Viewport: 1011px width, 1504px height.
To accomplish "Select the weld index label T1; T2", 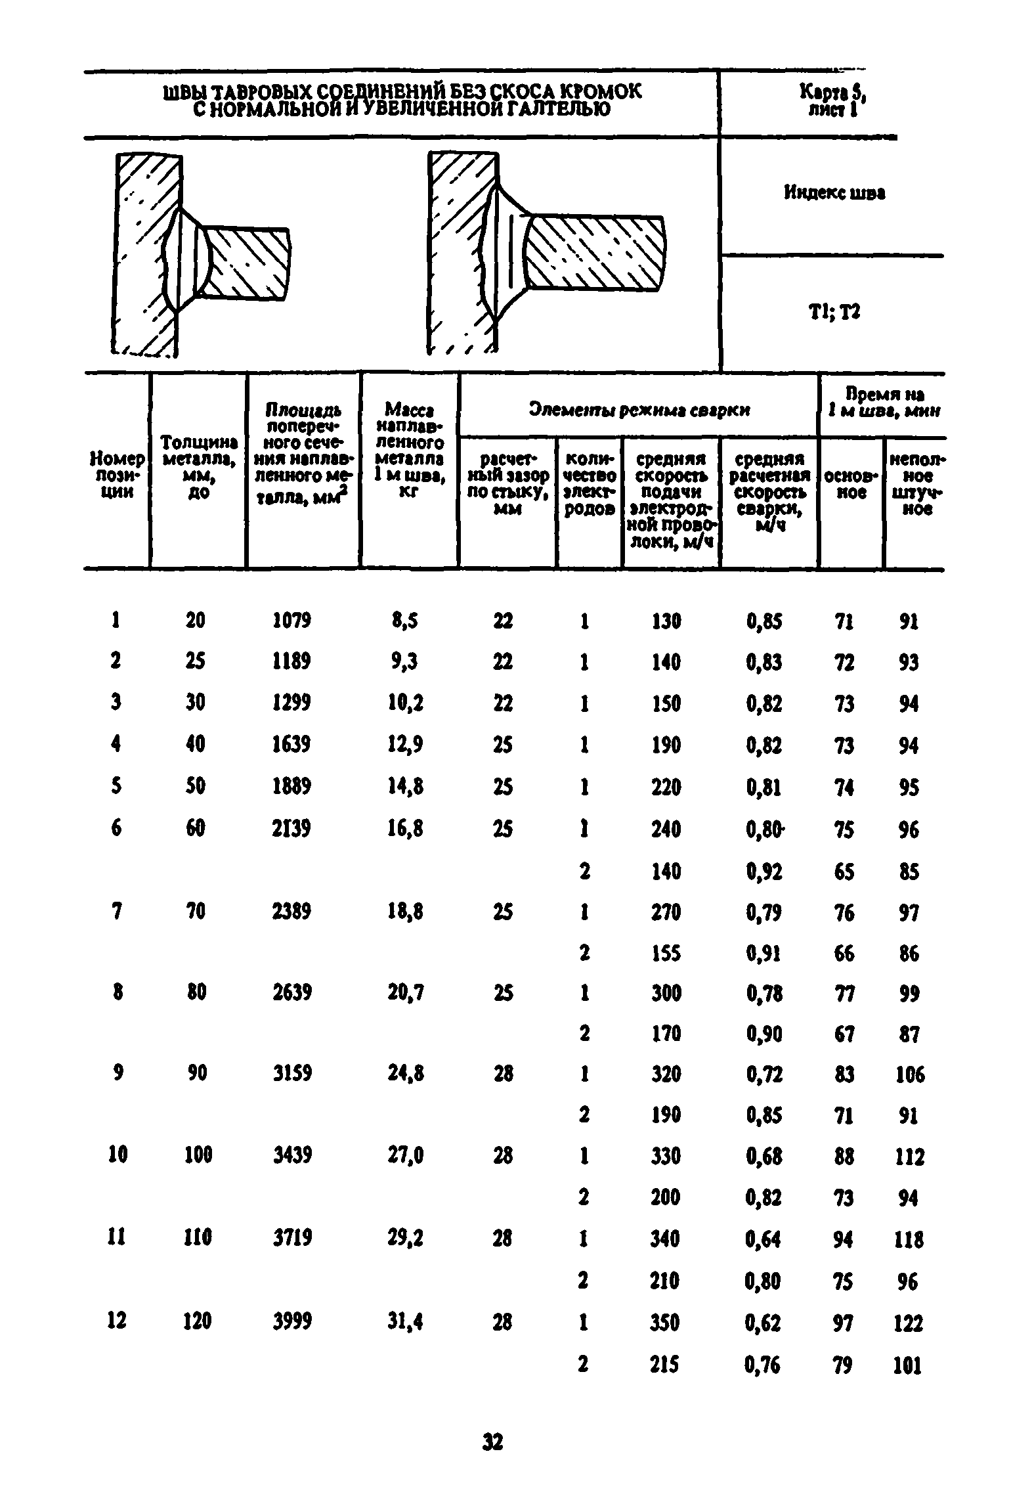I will pos(834,313).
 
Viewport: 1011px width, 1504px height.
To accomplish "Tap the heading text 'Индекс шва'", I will pos(834,193).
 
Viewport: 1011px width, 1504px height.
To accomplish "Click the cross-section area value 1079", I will pos(291,620).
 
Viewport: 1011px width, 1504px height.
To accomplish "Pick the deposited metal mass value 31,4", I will pos(405,1321).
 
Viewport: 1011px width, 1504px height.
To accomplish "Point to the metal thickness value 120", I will pos(196,1321).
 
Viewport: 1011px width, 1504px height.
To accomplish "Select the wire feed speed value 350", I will pos(666,1321).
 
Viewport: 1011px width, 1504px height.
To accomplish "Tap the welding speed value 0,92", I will pos(764,872).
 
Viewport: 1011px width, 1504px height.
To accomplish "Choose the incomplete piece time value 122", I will pos(909,1322).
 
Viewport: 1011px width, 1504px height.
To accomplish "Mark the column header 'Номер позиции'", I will pos(117,475).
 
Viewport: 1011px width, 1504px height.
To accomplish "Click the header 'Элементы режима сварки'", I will pos(639,410).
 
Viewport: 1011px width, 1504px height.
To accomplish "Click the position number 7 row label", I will pos(116,912).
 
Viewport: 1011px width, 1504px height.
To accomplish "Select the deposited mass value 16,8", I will pos(405,829).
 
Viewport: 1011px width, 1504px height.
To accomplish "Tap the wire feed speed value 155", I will pos(666,953).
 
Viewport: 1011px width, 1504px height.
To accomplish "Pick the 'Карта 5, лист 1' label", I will pos(835,101).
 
